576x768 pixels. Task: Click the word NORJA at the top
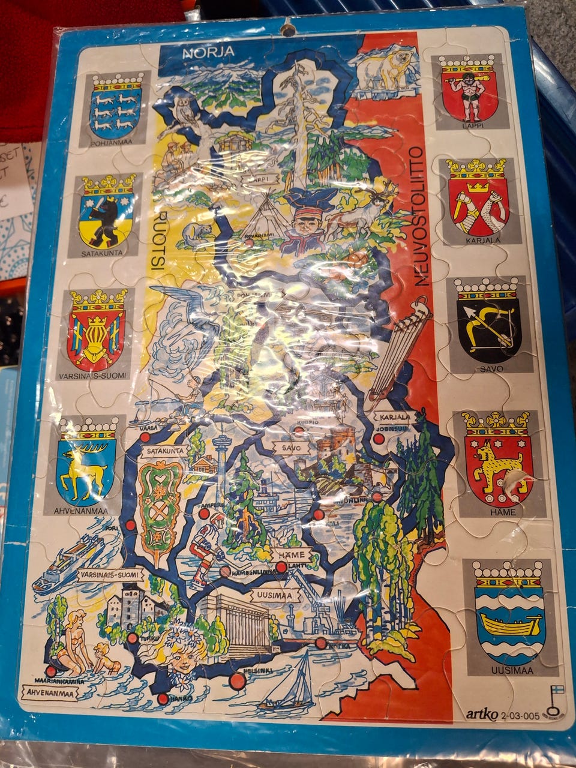click(x=208, y=52)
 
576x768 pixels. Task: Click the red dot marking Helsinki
click(x=238, y=682)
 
